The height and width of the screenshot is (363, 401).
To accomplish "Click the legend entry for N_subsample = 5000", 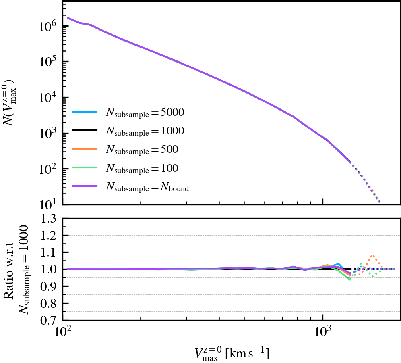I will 145,113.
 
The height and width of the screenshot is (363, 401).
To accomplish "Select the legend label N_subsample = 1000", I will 145,131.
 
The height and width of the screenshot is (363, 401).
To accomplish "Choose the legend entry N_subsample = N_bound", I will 147,186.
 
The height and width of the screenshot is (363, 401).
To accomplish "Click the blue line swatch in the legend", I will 85,113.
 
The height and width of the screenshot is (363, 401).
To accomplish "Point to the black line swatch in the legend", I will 85,131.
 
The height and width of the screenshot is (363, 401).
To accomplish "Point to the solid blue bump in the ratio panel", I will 339,264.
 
